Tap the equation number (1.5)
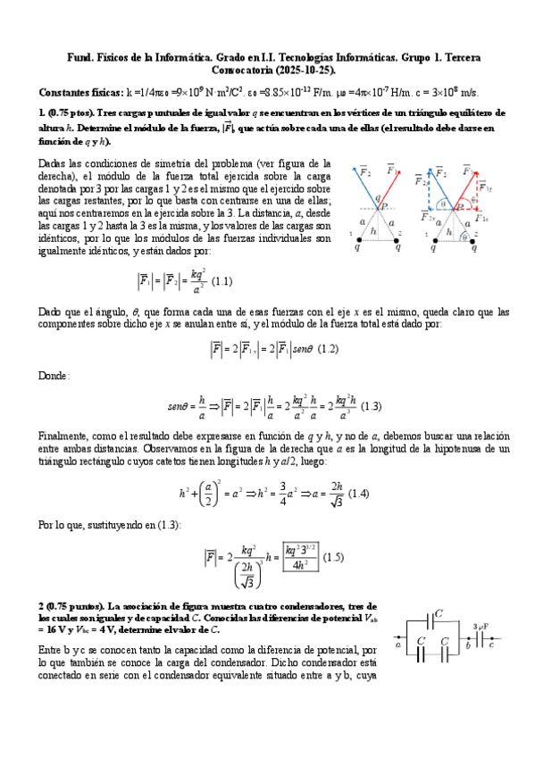click(x=332, y=557)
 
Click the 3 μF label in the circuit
click(x=481, y=626)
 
